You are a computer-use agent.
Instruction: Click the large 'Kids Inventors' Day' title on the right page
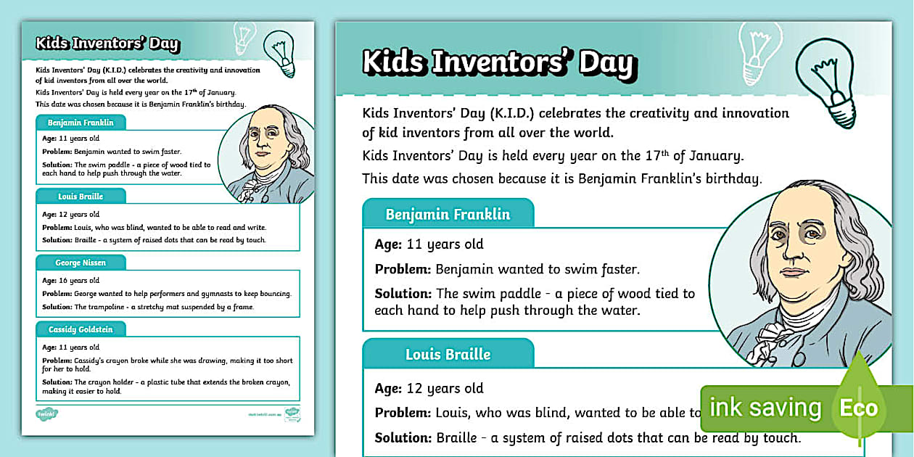coord(499,62)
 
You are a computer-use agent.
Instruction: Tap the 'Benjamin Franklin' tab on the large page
coord(448,215)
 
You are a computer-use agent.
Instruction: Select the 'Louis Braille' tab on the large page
coord(448,355)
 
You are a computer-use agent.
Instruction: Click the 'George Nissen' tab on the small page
coord(81,263)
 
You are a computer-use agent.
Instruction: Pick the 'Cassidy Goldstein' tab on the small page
coord(81,329)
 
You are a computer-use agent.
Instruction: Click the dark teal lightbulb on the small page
coord(281,52)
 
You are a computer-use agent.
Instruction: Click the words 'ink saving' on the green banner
coord(765,408)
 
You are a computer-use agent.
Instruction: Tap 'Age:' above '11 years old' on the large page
coord(388,244)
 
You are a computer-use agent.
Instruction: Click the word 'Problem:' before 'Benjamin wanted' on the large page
coord(403,269)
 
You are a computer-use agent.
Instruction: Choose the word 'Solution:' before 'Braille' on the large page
coord(403,438)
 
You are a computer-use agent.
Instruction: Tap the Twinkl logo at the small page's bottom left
coord(47,414)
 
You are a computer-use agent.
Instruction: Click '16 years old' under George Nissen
coord(79,281)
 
